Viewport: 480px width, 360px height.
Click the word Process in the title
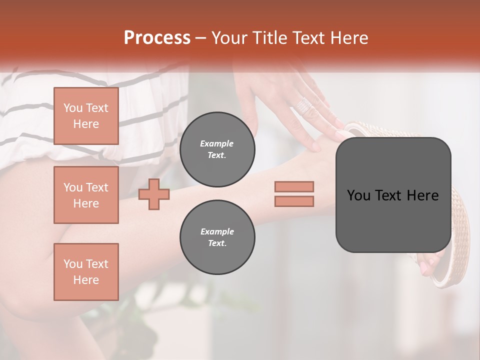(x=157, y=38)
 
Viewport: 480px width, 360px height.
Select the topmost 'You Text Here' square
(x=86, y=116)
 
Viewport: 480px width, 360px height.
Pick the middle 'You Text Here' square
(x=86, y=195)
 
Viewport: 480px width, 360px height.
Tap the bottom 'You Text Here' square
(x=86, y=271)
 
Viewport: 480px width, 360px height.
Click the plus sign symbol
(x=154, y=194)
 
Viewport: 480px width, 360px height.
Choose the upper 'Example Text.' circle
(x=217, y=149)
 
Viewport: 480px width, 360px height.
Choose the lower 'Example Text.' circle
(x=217, y=237)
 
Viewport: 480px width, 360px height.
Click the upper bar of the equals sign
(x=294, y=186)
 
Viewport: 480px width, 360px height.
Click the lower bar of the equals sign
(x=294, y=201)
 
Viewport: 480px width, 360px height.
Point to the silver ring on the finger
(x=304, y=105)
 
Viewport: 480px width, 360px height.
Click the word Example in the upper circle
(x=217, y=143)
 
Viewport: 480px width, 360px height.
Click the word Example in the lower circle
(x=217, y=231)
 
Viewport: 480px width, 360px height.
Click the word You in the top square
(x=73, y=108)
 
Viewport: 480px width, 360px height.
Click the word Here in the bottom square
(x=86, y=280)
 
